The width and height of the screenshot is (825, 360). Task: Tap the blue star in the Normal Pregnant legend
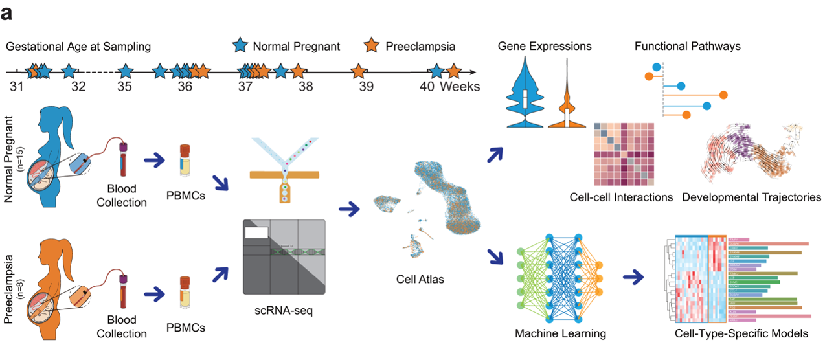[x=240, y=46]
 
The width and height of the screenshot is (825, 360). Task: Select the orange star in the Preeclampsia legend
[x=371, y=46]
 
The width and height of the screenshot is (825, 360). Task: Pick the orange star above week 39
[x=358, y=71]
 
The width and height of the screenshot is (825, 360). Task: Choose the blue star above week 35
[x=126, y=71]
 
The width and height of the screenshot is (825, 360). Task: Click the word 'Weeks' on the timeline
[x=460, y=86]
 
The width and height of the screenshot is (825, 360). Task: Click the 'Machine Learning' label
[x=560, y=333]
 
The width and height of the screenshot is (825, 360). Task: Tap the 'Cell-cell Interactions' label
[x=621, y=197]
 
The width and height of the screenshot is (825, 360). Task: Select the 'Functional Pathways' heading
[x=687, y=46]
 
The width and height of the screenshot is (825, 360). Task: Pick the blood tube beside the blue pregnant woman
[x=124, y=165]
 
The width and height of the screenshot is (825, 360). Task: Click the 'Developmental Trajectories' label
[x=751, y=197]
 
